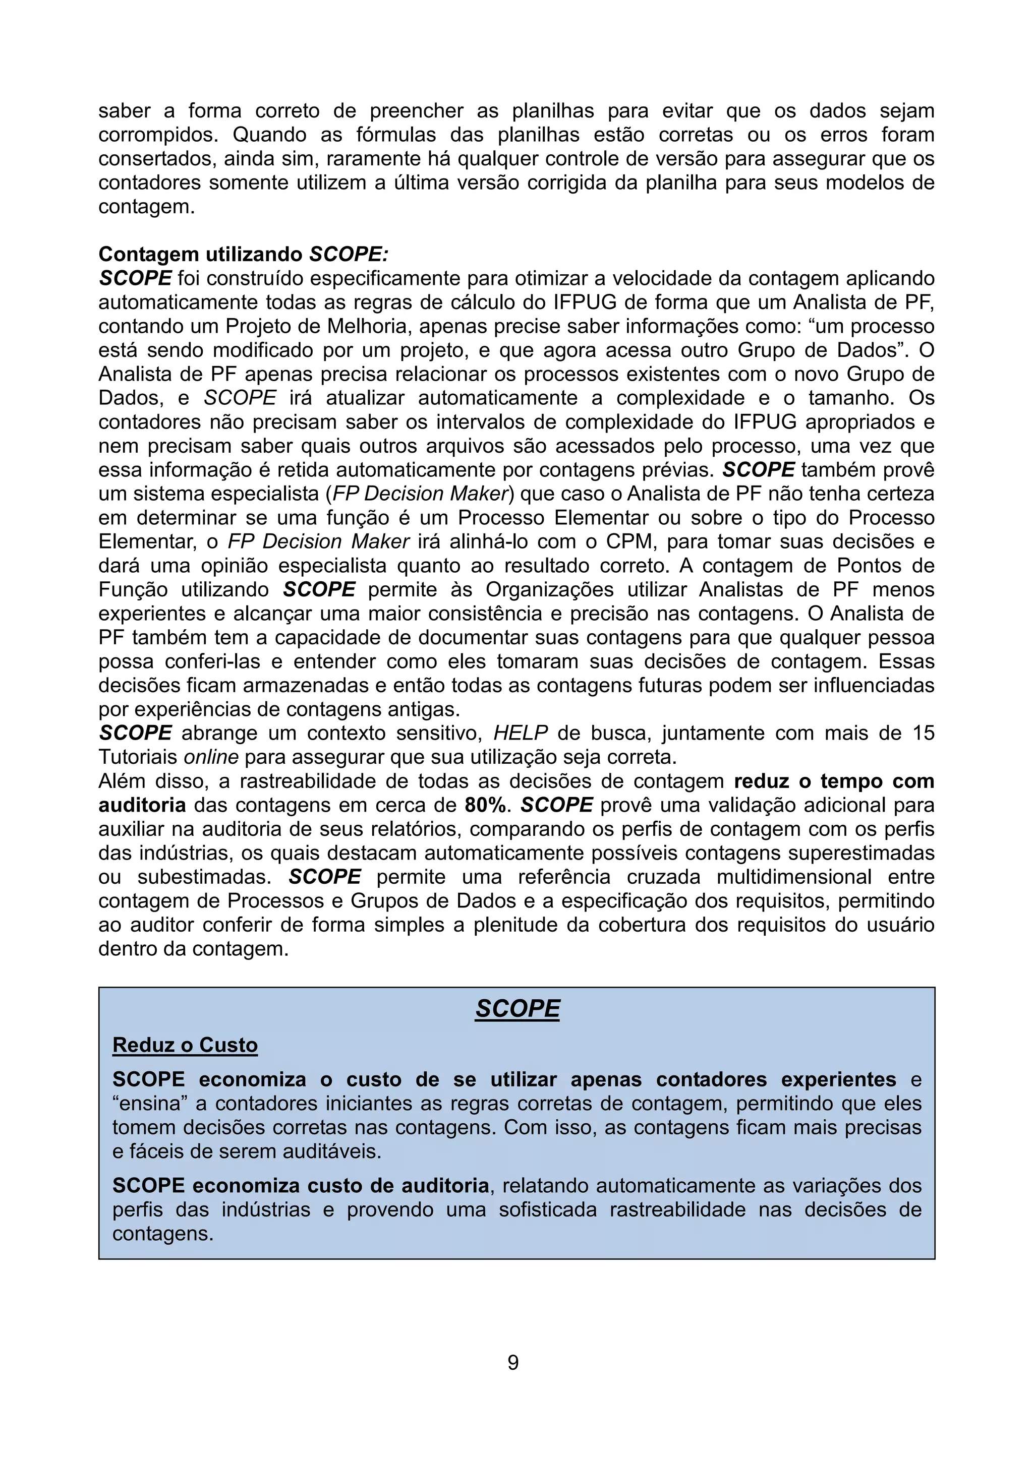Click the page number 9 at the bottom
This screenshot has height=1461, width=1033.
(x=513, y=1362)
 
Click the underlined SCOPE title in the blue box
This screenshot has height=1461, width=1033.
(x=517, y=1009)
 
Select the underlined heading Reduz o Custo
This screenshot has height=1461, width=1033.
(x=185, y=1045)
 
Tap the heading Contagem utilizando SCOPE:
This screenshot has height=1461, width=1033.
(x=243, y=254)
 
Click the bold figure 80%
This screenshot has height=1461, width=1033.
(x=486, y=805)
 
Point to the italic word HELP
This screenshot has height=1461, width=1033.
(x=521, y=733)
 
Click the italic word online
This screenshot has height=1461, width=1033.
(x=211, y=757)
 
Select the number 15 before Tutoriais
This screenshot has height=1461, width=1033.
(x=922, y=733)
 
